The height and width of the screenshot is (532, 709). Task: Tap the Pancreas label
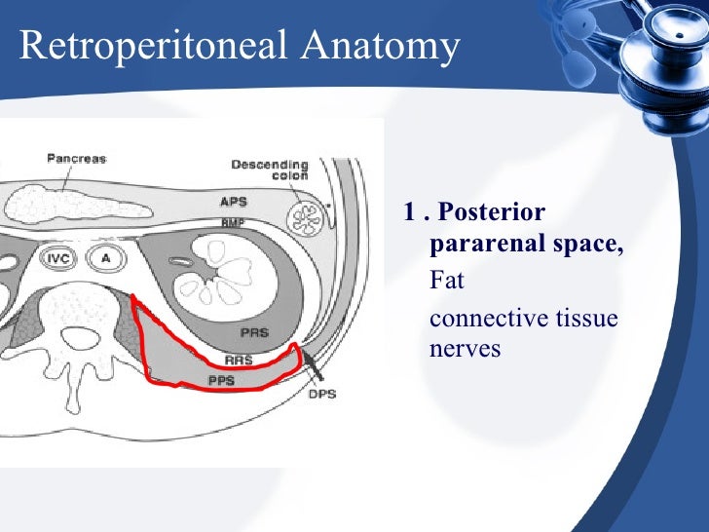[76, 158]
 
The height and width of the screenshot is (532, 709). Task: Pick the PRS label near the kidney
[256, 332]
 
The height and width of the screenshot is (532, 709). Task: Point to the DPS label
[322, 396]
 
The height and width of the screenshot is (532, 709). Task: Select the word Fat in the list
[447, 282]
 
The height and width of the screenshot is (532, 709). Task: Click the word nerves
[465, 348]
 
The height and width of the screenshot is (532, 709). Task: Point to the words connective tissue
[523, 319]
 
